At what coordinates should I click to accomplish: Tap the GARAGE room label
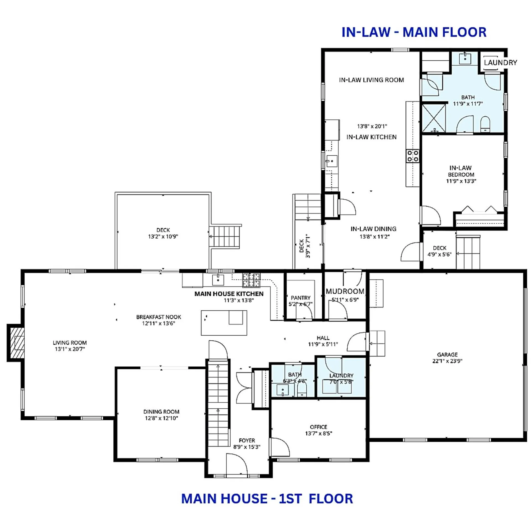pos(447,354)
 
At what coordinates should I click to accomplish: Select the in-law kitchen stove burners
pos(412,156)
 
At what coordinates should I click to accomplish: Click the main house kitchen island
pos(224,323)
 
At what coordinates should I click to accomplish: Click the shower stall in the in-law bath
pos(433,118)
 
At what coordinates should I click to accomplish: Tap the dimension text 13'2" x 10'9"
pos(163,236)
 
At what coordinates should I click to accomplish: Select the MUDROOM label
pos(345,291)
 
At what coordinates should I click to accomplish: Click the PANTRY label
pos(300,298)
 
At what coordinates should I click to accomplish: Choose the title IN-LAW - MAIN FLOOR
pos(414,32)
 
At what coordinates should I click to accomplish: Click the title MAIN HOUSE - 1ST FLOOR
pos(267,499)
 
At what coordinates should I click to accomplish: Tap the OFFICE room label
pos(318,427)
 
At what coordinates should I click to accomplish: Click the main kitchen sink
pos(218,280)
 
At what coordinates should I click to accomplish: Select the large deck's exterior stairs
pos(225,236)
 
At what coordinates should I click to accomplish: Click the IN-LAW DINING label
pos(373,229)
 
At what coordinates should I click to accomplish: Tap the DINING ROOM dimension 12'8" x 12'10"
pos(161,418)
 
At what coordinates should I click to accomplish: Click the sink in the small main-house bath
pos(283,390)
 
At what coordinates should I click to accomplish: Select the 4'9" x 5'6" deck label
pos(439,254)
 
